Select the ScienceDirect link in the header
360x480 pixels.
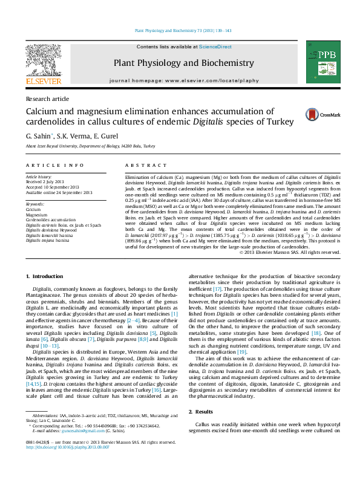pyautogui.click(x=215, y=47)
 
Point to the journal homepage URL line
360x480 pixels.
pyautogui.click(x=184, y=80)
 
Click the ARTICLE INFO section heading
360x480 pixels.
pyautogui.click(x=54, y=165)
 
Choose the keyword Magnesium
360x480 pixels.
pyautogui.click(x=37, y=215)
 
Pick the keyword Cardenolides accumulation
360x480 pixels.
pyautogui.click(x=51, y=220)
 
